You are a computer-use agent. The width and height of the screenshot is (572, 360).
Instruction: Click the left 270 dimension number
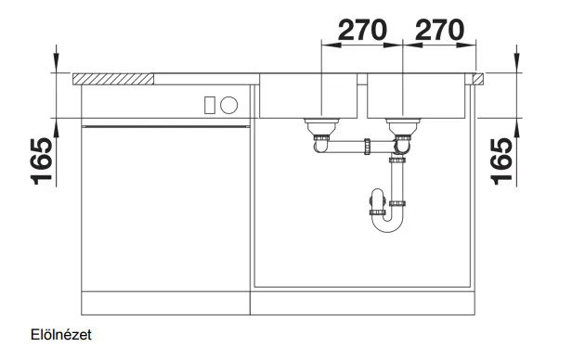click(x=362, y=30)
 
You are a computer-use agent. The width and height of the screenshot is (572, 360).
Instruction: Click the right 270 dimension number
click(x=439, y=30)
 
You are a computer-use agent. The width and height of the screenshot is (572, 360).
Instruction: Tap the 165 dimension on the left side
click(x=42, y=161)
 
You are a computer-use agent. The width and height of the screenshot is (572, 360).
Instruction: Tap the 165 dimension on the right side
click(x=501, y=161)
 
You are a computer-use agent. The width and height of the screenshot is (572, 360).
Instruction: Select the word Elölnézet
click(x=61, y=335)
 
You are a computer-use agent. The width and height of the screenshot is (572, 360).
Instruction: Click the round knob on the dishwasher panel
click(x=229, y=105)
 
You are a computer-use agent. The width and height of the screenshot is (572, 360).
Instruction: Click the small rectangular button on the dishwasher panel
click(x=210, y=105)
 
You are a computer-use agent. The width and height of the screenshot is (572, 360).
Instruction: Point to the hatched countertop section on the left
click(x=113, y=79)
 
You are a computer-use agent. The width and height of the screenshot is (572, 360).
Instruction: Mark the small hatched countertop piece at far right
click(x=478, y=79)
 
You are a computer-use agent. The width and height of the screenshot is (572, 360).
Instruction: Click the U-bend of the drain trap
click(x=387, y=225)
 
